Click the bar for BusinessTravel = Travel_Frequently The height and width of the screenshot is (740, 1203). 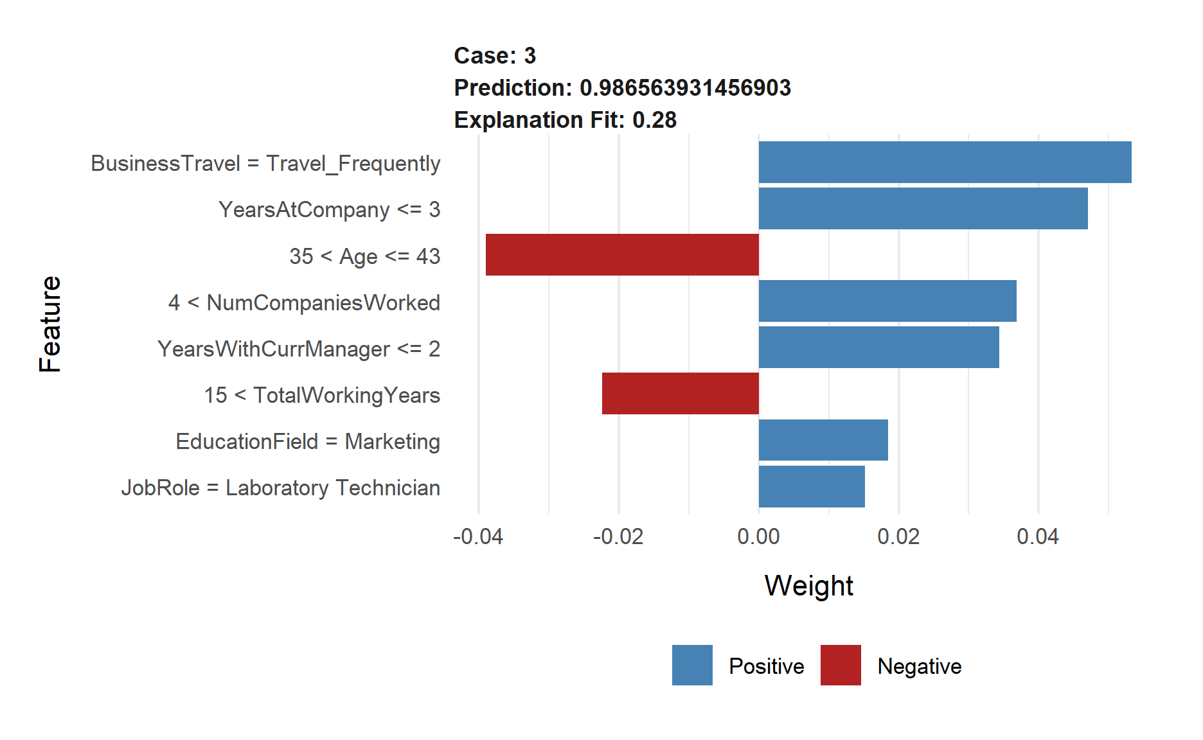[945, 163]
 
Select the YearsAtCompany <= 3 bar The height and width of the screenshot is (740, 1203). [923, 209]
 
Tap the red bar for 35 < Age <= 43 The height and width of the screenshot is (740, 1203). [622, 255]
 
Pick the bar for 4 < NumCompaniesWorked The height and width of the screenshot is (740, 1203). [887, 301]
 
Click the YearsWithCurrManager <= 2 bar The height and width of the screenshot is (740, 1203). [878, 348]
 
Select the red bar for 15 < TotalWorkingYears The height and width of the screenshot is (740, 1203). [680, 394]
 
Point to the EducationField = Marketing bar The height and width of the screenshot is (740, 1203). [823, 440]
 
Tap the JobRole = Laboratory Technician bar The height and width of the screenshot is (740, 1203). [812, 486]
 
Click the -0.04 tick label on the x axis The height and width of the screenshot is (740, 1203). [478, 536]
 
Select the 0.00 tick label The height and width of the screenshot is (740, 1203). [758, 536]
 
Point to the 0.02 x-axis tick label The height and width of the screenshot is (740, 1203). [898, 536]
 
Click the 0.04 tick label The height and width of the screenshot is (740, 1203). [1038, 536]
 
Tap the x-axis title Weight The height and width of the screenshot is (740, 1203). [808, 586]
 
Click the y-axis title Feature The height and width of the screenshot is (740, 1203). [50, 324]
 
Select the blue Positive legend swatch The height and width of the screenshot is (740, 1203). [692, 665]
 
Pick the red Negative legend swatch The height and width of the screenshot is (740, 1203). [841, 665]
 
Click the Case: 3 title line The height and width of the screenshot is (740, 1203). [495, 56]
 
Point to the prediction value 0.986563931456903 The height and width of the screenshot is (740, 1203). [685, 88]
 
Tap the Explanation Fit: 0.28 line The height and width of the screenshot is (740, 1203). [565, 120]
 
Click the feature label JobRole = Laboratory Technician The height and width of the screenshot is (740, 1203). [281, 488]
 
